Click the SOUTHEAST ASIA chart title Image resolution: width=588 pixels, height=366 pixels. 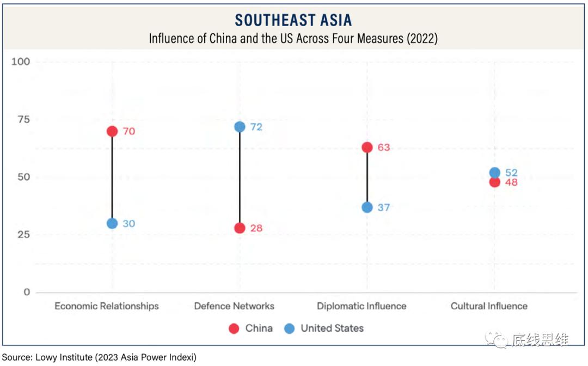pyautogui.click(x=293, y=21)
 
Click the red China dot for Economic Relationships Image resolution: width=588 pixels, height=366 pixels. pyautogui.click(x=112, y=131)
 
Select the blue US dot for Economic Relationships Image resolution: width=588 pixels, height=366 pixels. pyautogui.click(x=112, y=223)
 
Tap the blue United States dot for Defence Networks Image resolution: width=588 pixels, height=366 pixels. pyautogui.click(x=240, y=127)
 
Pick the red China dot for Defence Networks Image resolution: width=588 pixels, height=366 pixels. pyautogui.click(x=240, y=228)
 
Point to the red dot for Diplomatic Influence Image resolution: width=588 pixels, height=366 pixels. pyautogui.click(x=367, y=148)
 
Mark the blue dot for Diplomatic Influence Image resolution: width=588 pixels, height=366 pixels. pyautogui.click(x=367, y=208)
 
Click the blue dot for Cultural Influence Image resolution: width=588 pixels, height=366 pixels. pyautogui.click(x=494, y=173)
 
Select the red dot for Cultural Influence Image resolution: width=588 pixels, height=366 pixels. pyautogui.click(x=494, y=182)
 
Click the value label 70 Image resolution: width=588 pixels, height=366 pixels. pyautogui.click(x=128, y=131)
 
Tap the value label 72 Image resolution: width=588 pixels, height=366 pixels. pyautogui.click(x=256, y=127)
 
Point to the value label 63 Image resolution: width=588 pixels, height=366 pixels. pyautogui.click(x=383, y=148)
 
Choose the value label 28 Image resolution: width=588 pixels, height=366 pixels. pyautogui.click(x=256, y=228)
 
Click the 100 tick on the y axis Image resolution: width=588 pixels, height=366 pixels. pyautogui.click(x=21, y=62)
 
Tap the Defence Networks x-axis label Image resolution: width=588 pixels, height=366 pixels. pyautogui.click(x=234, y=306)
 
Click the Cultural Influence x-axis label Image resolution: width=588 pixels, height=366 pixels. pyautogui.click(x=489, y=306)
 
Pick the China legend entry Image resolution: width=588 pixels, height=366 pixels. pyautogui.click(x=251, y=328)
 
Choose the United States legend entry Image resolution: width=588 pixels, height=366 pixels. pyautogui.click(x=324, y=328)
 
